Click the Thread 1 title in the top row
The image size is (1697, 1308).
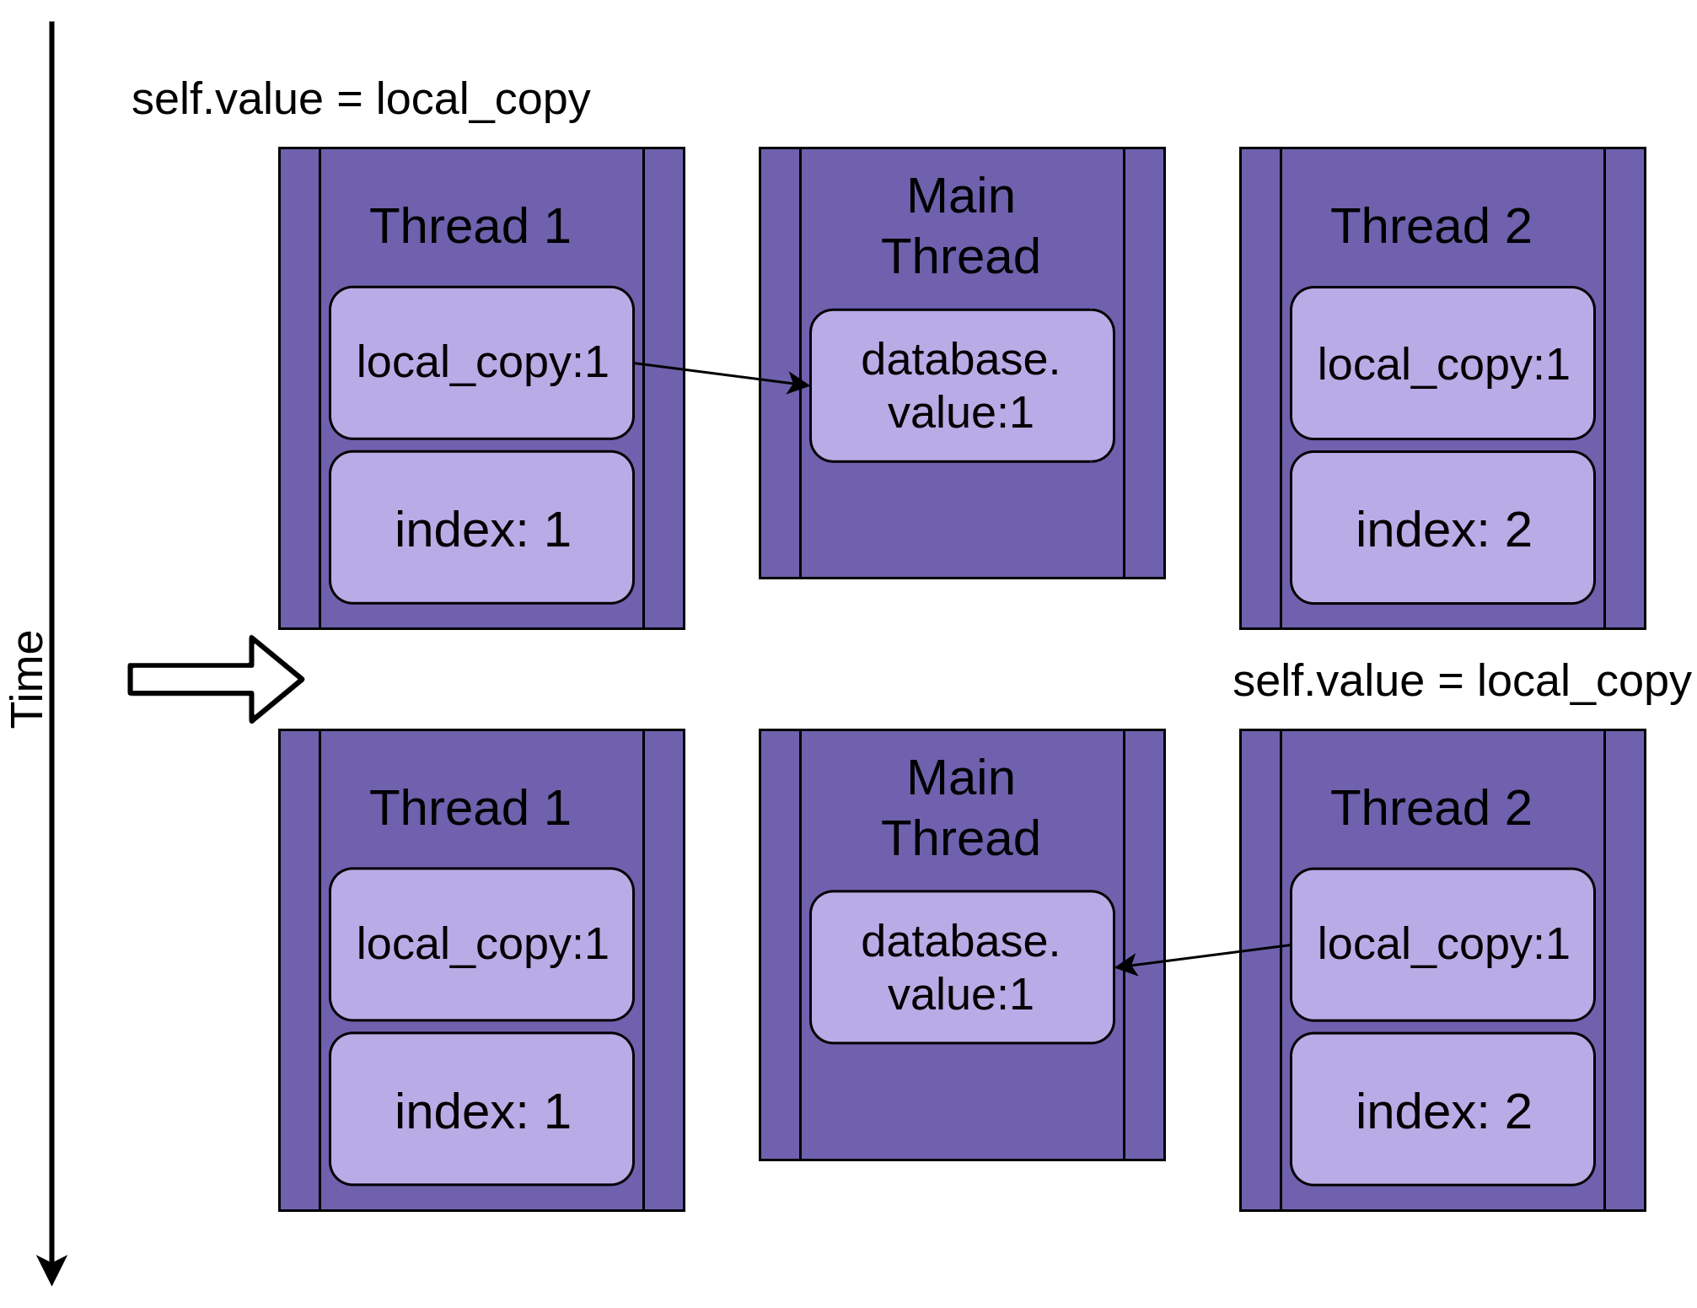pos(470,226)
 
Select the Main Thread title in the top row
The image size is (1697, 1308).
pos(960,226)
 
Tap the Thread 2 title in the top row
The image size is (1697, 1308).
pos(1431,226)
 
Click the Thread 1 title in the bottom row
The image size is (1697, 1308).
pos(470,808)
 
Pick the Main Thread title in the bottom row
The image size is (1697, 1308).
pos(960,808)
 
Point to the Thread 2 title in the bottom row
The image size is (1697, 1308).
pos(1431,808)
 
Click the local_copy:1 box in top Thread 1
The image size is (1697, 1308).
pos(481,363)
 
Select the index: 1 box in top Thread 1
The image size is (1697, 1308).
pos(481,528)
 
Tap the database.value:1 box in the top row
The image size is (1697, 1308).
pos(961,385)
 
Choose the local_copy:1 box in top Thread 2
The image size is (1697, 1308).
pos(1442,363)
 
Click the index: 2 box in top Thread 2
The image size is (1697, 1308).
pos(1442,528)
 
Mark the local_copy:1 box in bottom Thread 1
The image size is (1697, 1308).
pos(481,945)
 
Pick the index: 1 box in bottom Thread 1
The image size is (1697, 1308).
pos(481,1110)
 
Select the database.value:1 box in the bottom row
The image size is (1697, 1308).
pos(961,967)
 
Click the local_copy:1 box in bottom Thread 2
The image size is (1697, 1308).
pos(1442,945)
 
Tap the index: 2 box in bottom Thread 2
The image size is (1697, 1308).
pos(1442,1110)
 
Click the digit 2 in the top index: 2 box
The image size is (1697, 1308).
pos(1517,530)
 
